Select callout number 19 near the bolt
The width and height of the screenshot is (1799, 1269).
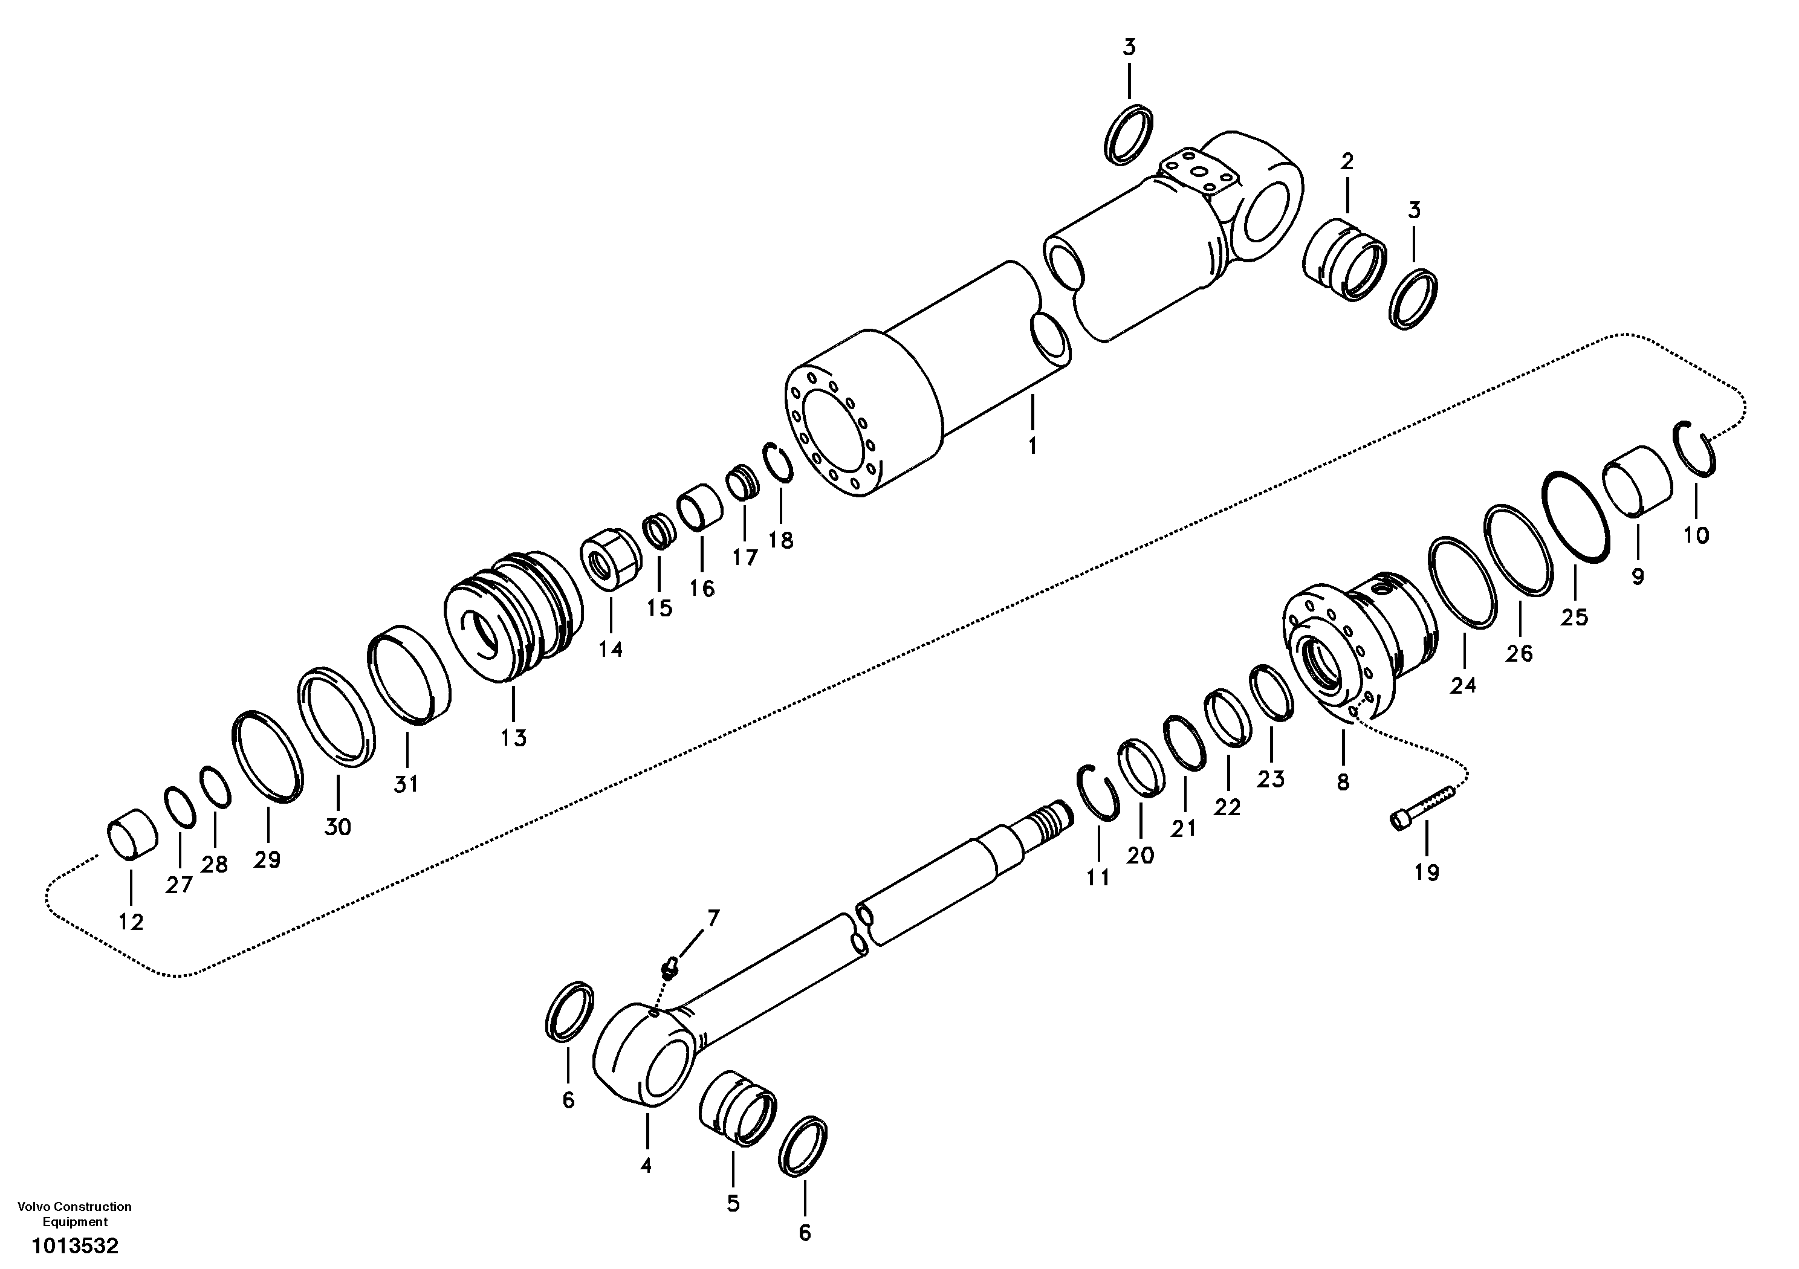point(1426,873)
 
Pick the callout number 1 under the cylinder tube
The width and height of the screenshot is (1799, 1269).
point(1032,447)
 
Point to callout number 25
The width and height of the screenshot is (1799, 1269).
point(1574,617)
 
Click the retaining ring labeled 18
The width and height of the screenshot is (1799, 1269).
point(778,463)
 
